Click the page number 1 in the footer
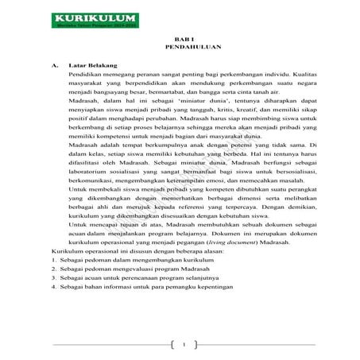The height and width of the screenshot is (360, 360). click(183, 345)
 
